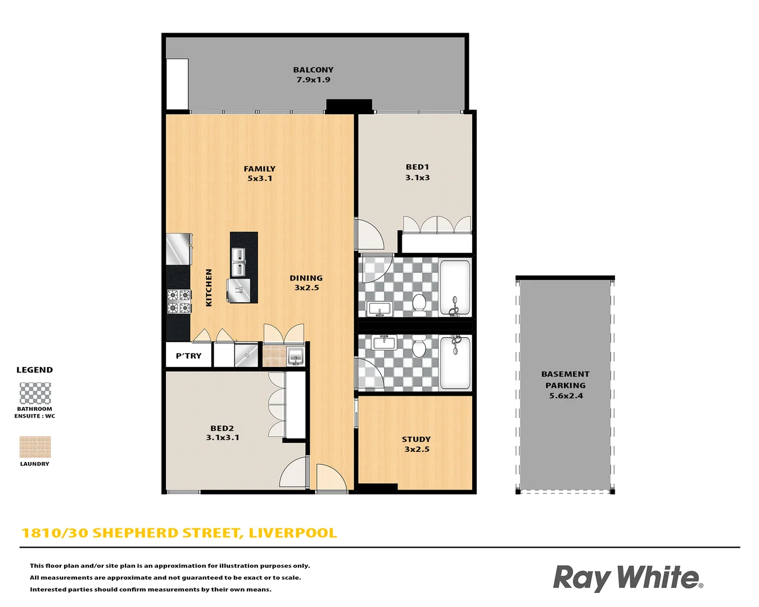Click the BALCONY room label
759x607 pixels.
coord(313,75)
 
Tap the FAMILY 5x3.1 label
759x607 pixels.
coord(260,173)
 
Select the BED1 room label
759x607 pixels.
coord(417,172)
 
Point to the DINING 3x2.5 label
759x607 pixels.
coord(306,283)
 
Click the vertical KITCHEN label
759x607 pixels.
coord(209,287)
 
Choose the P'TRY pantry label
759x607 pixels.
coord(188,356)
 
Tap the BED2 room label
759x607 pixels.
coord(222,433)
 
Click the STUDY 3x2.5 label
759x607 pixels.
coord(417,444)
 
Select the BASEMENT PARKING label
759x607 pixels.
coord(566,384)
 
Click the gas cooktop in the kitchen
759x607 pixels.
coord(179,301)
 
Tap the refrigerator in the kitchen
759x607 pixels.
coord(179,249)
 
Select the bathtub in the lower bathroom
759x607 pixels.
coord(455,363)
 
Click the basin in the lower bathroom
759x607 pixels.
coord(385,342)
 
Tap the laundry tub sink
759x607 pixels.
coord(295,356)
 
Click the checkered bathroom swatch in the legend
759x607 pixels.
coord(35,393)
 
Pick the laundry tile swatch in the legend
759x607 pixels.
coord(35,447)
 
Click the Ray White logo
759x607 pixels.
coord(627,578)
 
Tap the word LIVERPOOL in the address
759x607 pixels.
coord(292,533)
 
